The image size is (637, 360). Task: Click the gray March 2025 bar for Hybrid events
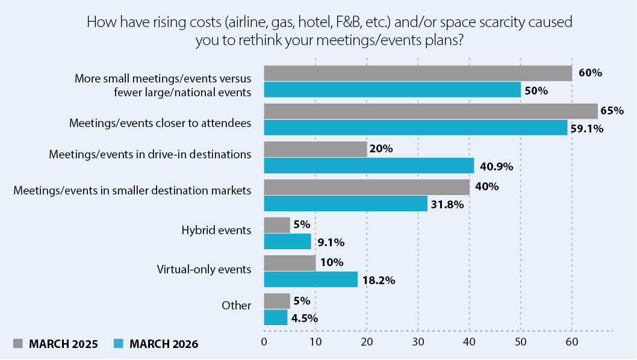[x=277, y=225]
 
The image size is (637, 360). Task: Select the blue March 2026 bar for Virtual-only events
[x=311, y=279]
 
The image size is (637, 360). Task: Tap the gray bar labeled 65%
[x=430, y=111]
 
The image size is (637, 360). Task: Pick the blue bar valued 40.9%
[x=369, y=166]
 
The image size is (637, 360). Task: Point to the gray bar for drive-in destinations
[x=315, y=149]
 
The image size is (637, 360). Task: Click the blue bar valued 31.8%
[x=346, y=203]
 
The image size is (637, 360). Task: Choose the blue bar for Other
[x=276, y=317]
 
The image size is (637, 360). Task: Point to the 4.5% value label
[x=305, y=318]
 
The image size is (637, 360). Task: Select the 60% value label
[x=590, y=73]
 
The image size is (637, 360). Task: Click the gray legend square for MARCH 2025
[x=18, y=344]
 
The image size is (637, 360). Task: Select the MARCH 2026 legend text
[x=164, y=344]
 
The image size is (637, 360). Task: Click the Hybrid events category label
[x=216, y=230]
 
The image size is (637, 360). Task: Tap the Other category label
[x=236, y=306]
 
